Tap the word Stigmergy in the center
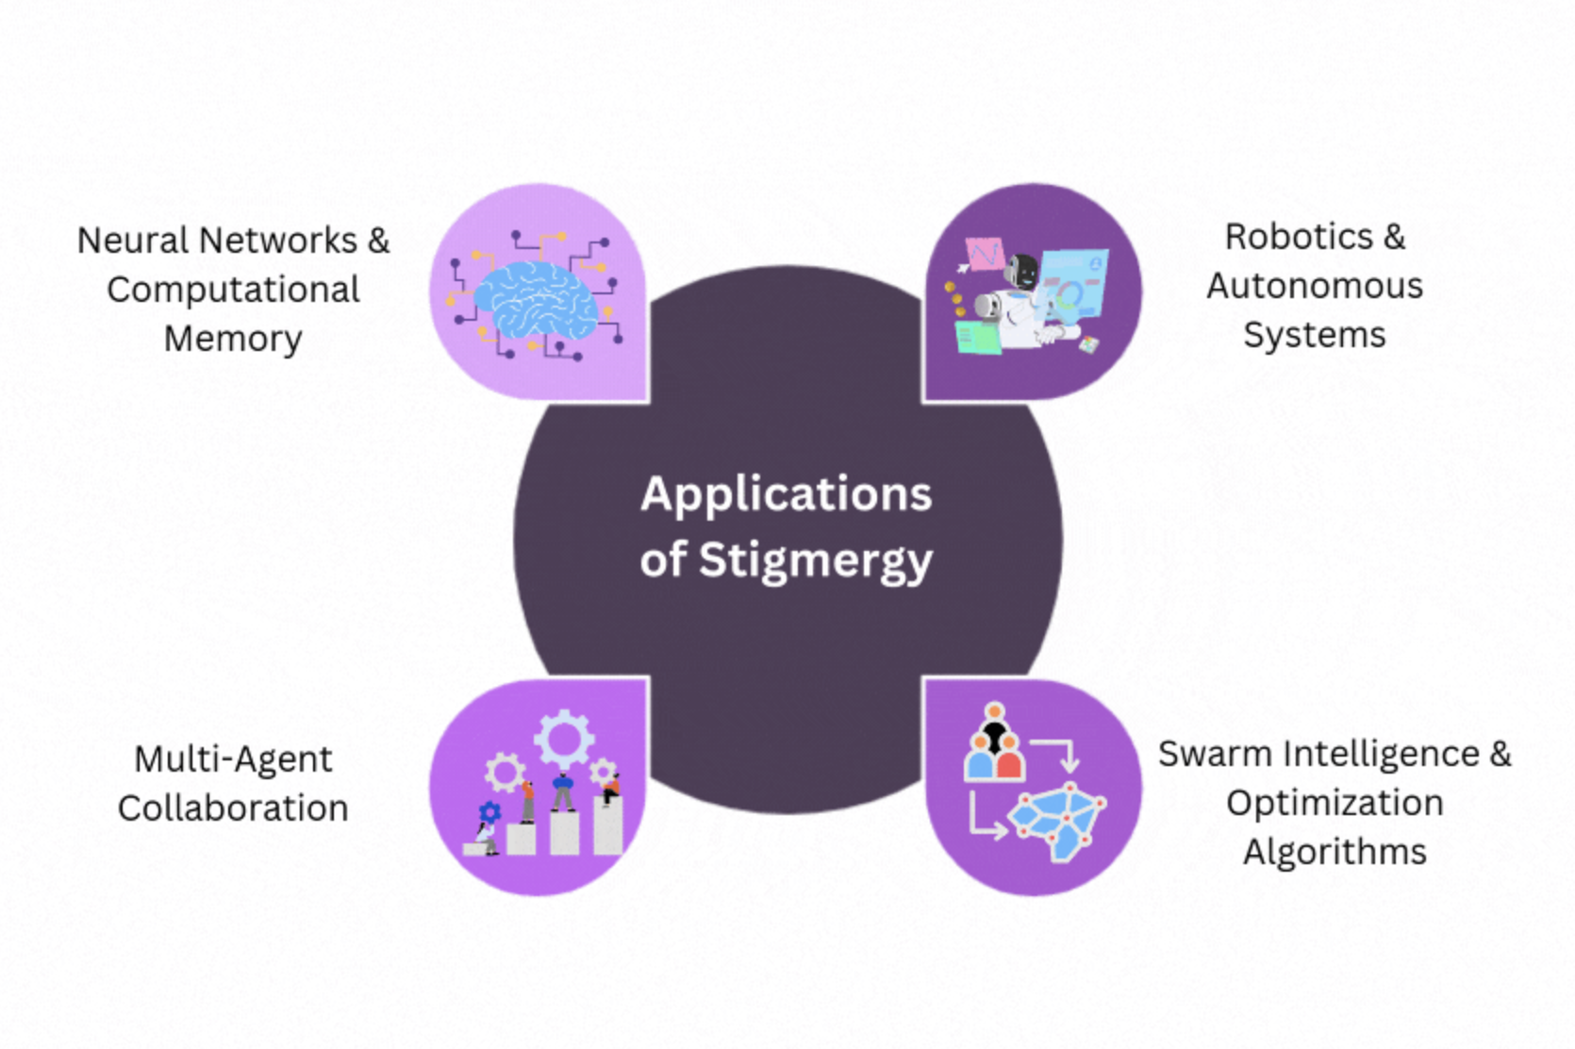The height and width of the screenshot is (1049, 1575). (x=816, y=560)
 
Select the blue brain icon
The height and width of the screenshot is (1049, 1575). (x=536, y=299)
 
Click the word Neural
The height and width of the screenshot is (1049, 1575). (x=132, y=241)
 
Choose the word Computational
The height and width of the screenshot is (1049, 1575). (x=233, y=290)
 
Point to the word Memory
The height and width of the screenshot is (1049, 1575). (x=233, y=339)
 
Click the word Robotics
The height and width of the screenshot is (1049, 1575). (x=1299, y=237)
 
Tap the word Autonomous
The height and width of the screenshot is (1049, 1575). (x=1315, y=286)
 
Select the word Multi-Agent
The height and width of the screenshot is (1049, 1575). (x=233, y=759)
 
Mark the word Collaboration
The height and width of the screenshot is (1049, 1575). (x=233, y=808)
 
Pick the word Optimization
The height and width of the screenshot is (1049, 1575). (x=1335, y=804)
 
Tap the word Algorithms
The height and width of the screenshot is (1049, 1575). (x=1335, y=853)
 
